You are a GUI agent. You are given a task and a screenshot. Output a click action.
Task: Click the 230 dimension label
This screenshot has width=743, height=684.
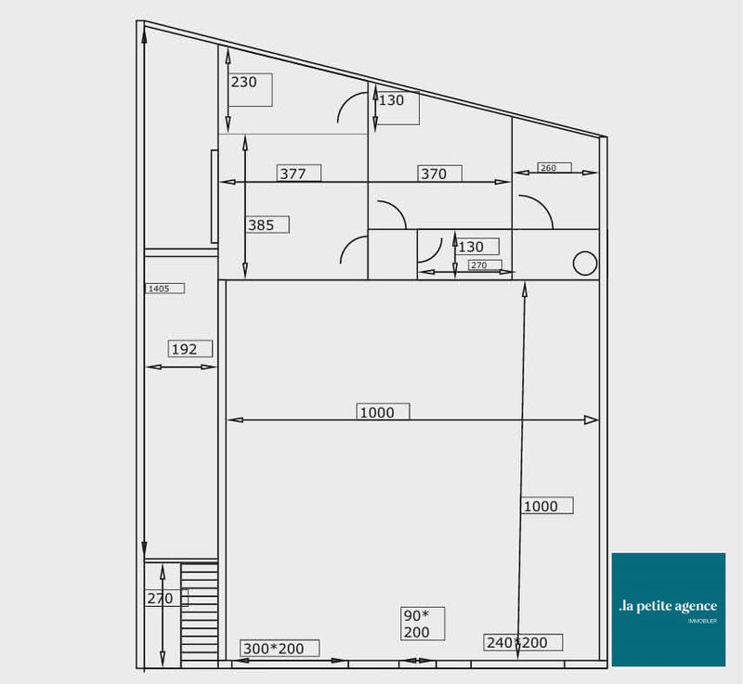coord(244,83)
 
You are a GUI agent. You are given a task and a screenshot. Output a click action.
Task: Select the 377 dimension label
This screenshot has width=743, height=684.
coord(293,174)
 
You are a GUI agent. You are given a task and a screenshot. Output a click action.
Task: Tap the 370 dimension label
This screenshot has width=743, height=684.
coord(434,174)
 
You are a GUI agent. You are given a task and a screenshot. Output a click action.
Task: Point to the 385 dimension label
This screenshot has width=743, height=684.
coord(262,225)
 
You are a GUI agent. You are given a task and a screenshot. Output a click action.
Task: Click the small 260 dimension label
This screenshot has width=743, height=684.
coord(549,168)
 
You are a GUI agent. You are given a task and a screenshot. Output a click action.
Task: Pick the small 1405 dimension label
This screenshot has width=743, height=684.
coord(159,289)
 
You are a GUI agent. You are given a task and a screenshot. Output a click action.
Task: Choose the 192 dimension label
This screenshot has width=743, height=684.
coord(185,349)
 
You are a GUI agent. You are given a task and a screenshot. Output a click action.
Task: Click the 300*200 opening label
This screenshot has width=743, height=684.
coord(274,648)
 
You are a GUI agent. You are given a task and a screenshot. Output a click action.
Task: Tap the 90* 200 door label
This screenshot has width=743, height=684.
coord(417,624)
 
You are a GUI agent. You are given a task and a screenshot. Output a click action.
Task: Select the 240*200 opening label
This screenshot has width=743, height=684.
coord(517,642)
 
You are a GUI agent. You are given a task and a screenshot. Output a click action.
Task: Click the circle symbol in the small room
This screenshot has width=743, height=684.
coord(584,264)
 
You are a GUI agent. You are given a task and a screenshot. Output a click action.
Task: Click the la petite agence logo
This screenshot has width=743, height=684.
coord(668,609)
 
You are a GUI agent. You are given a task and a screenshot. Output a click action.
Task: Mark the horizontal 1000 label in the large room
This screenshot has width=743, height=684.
coord(377,412)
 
